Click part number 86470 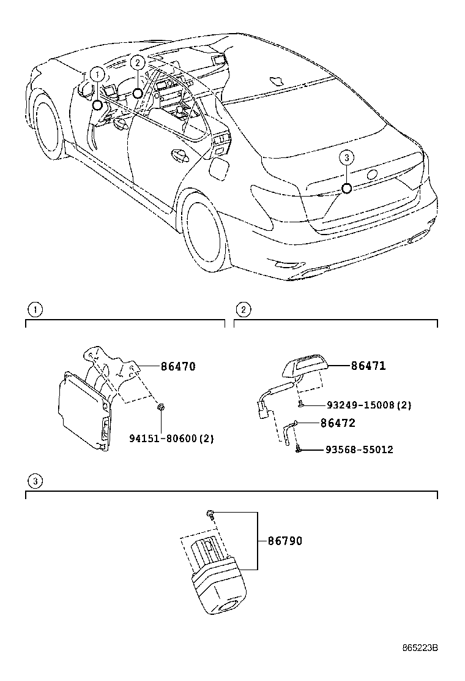[x=178, y=367]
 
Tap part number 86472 [x=338, y=423]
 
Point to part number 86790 [x=285, y=541]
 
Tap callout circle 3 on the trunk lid [x=346, y=158]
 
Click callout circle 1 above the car [x=97, y=73]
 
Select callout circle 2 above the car [x=138, y=61]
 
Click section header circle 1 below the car [x=37, y=309]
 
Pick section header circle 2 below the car [x=243, y=309]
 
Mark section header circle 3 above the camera [x=37, y=481]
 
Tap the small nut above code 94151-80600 [x=161, y=407]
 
